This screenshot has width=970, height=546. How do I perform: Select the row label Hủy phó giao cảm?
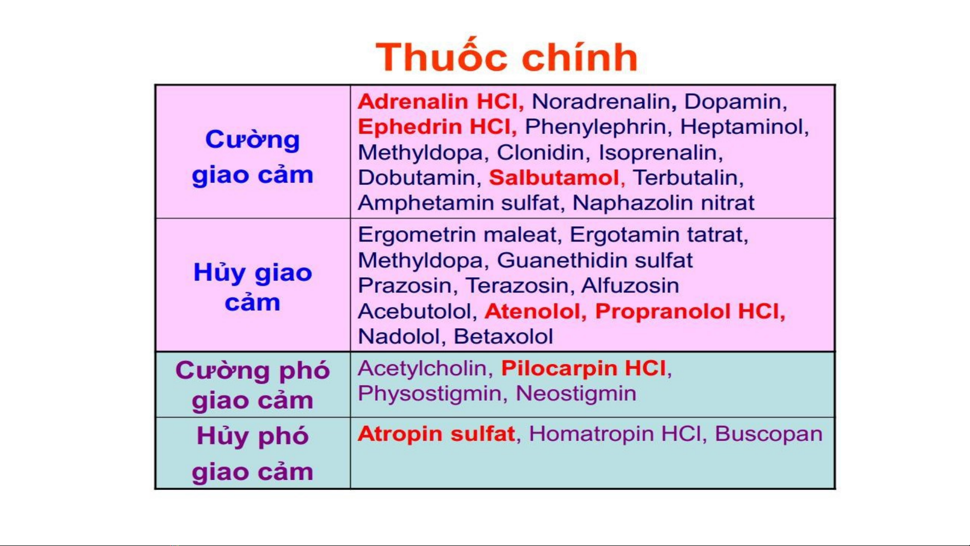click(x=252, y=454)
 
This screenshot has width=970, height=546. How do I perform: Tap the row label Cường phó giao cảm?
click(x=252, y=385)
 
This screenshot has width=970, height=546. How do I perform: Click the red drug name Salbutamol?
click(x=554, y=177)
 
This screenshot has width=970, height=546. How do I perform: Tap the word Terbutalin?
click(x=686, y=177)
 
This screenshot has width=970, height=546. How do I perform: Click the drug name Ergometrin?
click(x=417, y=235)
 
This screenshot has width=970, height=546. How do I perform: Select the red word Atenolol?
click(x=532, y=311)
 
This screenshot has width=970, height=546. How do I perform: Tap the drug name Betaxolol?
click(x=503, y=336)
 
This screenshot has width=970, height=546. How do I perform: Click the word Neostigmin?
click(x=576, y=393)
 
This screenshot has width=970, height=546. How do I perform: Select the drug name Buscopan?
click(x=769, y=434)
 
